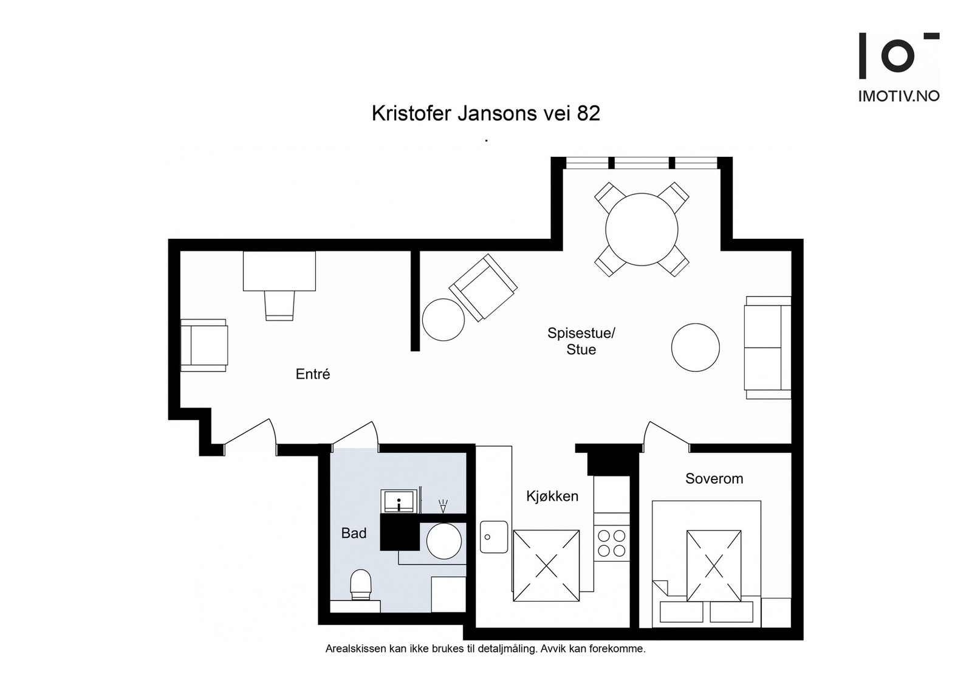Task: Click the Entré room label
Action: pyautogui.click(x=313, y=374)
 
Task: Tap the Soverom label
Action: pyautogui.click(x=714, y=478)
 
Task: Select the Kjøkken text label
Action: pyautogui.click(x=552, y=496)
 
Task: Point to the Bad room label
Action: pyautogui.click(x=354, y=533)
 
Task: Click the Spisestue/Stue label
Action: pyautogui.click(x=581, y=341)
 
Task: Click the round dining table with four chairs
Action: pyautogui.click(x=642, y=229)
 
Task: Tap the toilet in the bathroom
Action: pyautogui.click(x=361, y=585)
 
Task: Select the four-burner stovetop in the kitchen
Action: pyautogui.click(x=611, y=543)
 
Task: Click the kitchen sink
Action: pyautogui.click(x=493, y=537)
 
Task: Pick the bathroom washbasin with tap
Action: pyautogui.click(x=399, y=501)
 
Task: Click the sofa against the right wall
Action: pyautogui.click(x=768, y=348)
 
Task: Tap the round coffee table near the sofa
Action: pyautogui.click(x=695, y=348)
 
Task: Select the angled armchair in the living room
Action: pyautogui.click(x=484, y=287)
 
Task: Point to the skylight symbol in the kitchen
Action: pyautogui.click(x=546, y=565)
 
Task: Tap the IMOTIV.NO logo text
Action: pyautogui.click(x=898, y=96)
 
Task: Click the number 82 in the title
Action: pyautogui.click(x=588, y=114)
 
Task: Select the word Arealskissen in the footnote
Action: pyautogui.click(x=355, y=648)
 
